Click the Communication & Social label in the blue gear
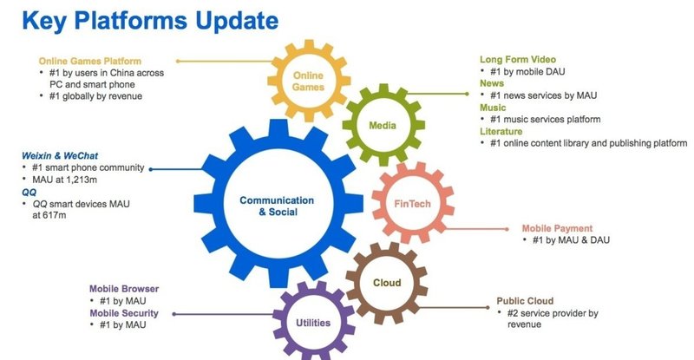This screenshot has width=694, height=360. click(x=269, y=206)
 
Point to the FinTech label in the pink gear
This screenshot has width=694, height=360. click(x=413, y=203)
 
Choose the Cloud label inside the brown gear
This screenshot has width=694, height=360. click(x=386, y=282)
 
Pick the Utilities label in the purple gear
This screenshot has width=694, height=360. click(x=312, y=324)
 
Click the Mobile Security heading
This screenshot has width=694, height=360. click(x=128, y=312)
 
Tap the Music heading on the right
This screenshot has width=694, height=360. click(x=494, y=108)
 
